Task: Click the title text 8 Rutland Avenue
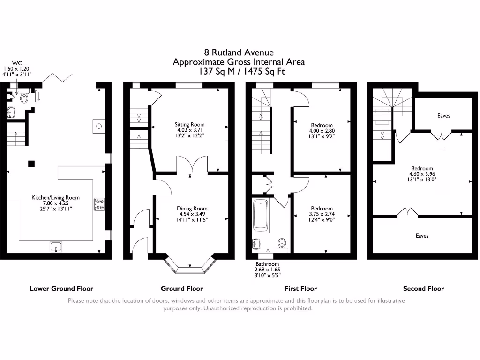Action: (239, 52)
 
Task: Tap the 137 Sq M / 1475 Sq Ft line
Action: (239, 72)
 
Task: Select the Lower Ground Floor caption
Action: (61, 289)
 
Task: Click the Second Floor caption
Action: (423, 289)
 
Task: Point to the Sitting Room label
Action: (189, 125)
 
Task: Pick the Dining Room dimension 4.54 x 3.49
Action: (192, 214)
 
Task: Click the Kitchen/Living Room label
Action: (55, 198)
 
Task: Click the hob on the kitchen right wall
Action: (99, 204)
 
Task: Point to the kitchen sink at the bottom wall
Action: (56, 246)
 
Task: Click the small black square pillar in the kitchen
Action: (31, 164)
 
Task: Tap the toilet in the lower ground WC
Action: (24, 98)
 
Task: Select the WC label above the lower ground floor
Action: (17, 62)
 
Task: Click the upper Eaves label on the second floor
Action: (443, 116)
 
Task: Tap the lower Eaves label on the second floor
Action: (422, 236)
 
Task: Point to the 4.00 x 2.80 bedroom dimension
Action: (321, 131)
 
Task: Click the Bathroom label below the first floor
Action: (267, 264)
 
